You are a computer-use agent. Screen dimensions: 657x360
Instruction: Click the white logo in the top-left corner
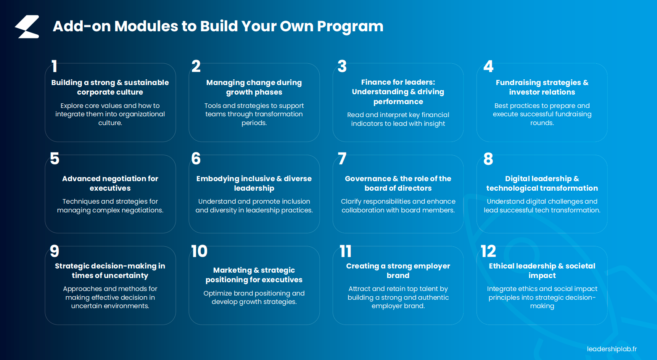pos(27,27)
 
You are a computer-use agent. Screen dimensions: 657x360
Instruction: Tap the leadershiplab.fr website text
pos(612,349)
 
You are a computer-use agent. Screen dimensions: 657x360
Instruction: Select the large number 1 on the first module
pos(55,66)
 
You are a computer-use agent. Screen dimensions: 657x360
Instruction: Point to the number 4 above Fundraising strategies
pos(488,66)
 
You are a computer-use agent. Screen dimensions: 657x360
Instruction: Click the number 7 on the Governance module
pos(342,158)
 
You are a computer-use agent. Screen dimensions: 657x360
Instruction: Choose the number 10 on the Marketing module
pos(199,251)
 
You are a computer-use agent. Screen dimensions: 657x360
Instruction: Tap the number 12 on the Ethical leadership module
pos(488,251)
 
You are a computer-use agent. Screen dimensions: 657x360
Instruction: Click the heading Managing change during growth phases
pos(254,87)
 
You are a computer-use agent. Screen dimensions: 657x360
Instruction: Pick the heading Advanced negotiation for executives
pos(110,183)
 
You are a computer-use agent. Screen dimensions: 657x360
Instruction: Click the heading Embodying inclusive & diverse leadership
pos(254,183)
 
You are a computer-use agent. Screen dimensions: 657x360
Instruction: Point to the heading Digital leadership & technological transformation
pos(542,183)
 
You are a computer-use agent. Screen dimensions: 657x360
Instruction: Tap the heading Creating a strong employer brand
pos(398,271)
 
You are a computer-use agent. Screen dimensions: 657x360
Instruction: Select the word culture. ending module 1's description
pos(110,123)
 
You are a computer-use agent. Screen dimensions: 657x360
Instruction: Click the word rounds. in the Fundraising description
pos(542,123)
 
